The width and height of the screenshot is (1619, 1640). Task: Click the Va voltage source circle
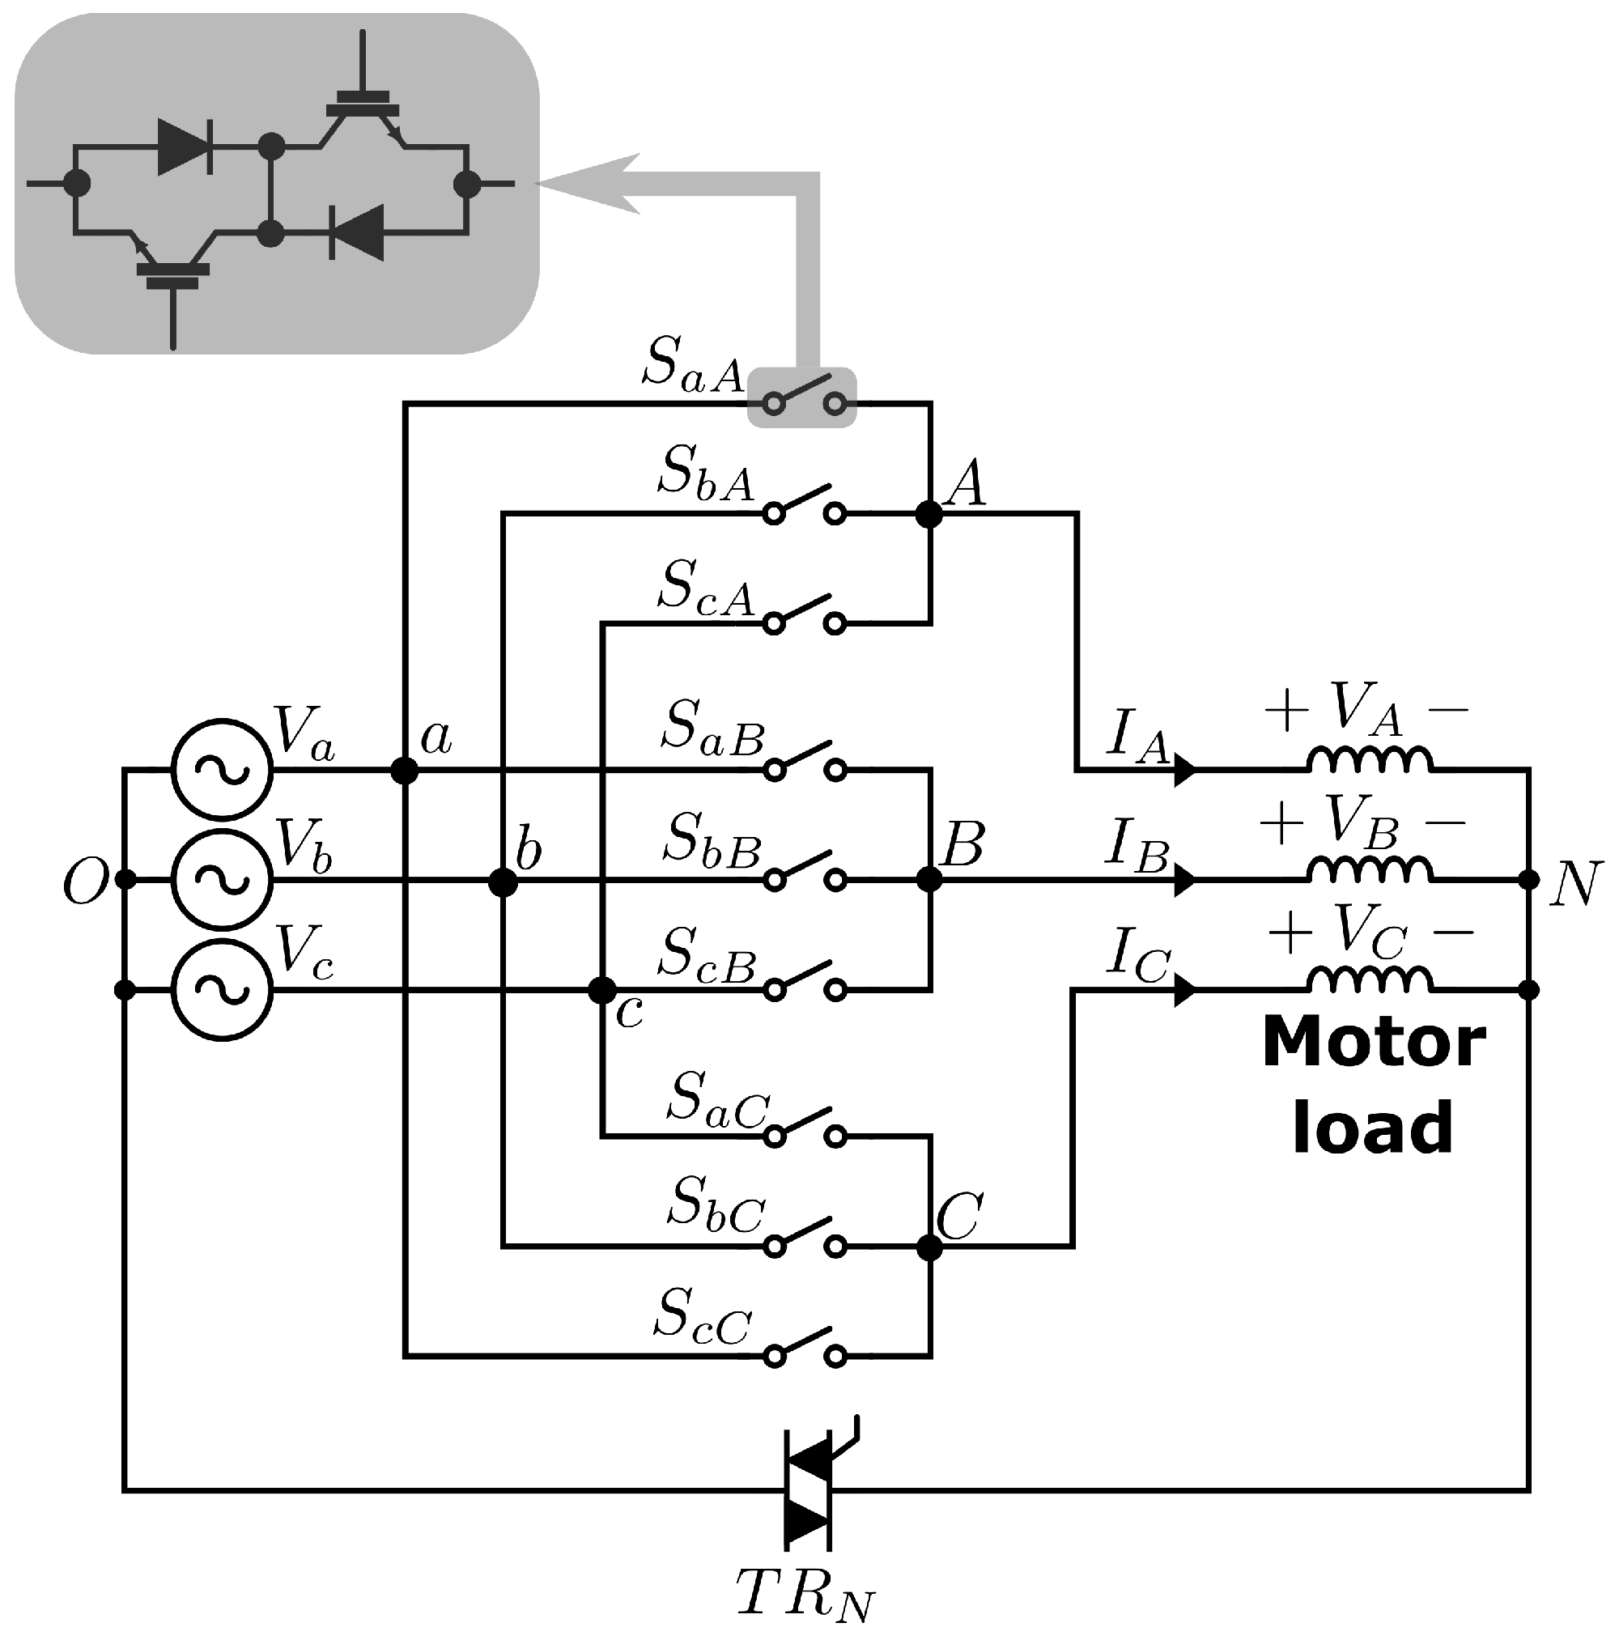222,769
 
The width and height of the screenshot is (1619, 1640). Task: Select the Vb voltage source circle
222,879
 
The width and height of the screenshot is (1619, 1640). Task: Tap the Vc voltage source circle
222,989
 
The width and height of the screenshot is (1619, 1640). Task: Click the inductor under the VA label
1369,760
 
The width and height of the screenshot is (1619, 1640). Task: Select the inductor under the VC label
1369,980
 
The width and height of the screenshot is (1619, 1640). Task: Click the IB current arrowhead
1184,879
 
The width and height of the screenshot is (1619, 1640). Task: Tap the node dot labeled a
404,770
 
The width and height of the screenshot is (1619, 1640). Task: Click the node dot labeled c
602,990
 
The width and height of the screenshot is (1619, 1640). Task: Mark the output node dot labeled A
929,513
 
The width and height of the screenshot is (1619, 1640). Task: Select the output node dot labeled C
929,1246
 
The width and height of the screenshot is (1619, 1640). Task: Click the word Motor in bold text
1373,1042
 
